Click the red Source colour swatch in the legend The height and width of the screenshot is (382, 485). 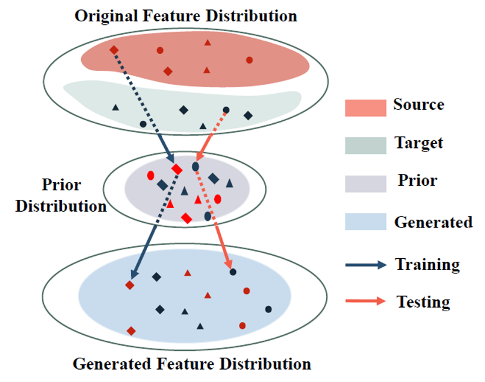tap(366, 107)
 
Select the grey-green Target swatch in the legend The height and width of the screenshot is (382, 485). tap(366, 145)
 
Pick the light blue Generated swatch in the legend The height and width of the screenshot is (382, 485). tap(366, 222)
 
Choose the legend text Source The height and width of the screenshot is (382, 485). tap(418, 105)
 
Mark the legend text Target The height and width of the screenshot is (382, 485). tap(418, 143)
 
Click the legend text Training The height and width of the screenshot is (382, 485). tap(427, 265)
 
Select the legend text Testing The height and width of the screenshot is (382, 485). tap(423, 302)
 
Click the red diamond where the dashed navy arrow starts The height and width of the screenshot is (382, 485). tap(114, 50)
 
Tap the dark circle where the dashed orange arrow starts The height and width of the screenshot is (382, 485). tap(226, 110)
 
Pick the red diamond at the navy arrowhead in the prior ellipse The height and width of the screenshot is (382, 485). tap(177, 169)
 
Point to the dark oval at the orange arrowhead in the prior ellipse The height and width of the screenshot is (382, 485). tap(195, 167)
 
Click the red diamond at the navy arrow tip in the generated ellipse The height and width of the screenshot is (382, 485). tap(129, 285)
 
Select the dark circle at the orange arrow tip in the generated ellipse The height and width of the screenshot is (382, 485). tap(233, 272)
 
